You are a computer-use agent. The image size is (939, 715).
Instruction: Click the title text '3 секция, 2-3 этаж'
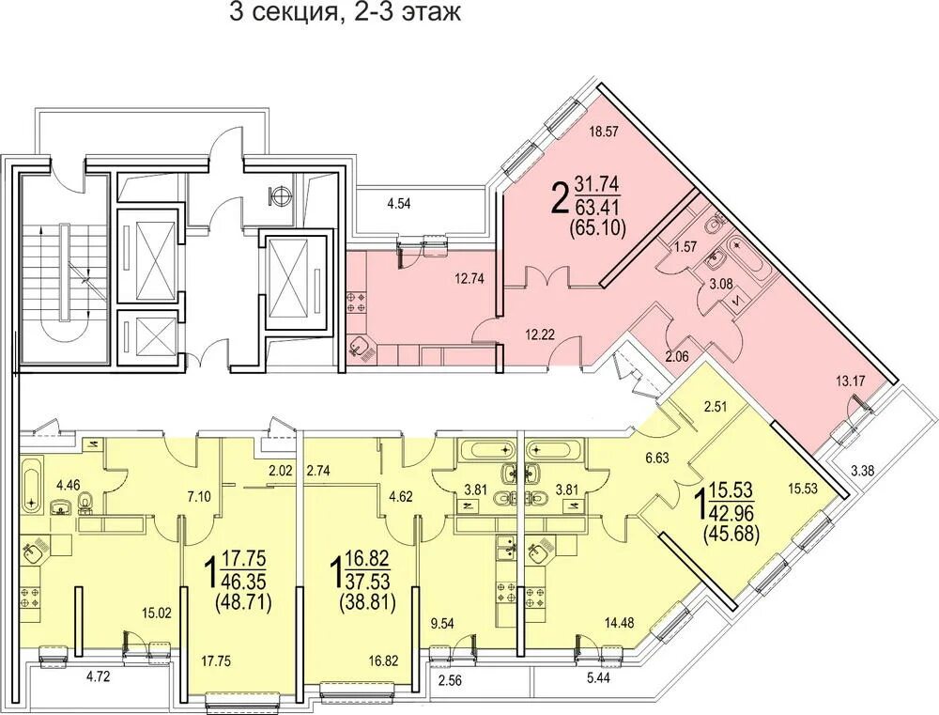pos(346,12)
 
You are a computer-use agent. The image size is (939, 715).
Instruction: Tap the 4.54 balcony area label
pos(399,203)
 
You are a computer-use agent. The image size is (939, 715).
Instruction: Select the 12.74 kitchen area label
pos(469,278)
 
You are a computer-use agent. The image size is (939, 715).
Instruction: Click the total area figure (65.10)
pos(599,229)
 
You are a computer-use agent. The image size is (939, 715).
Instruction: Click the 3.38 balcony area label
pos(862,471)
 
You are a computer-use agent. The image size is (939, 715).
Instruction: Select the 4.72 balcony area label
pos(99,677)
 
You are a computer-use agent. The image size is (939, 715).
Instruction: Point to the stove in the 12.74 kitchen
pos(354,302)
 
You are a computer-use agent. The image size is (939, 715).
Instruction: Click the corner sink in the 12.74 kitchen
pos(362,347)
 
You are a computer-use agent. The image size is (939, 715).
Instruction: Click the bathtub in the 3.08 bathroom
pos(747,260)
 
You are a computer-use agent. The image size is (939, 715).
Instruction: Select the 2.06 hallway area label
pos(677,357)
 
